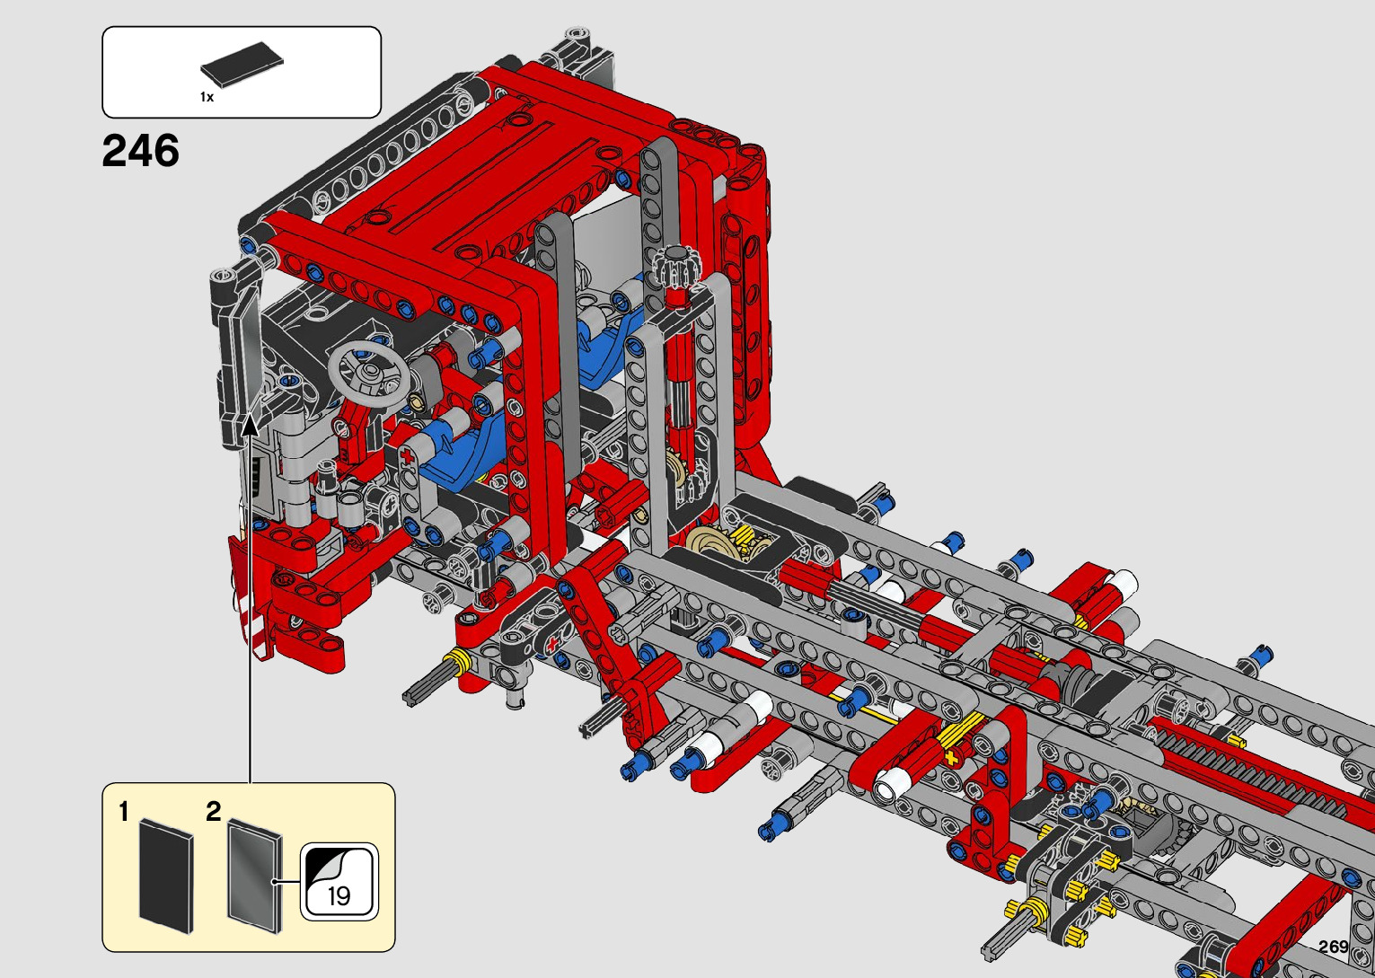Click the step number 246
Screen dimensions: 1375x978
141,151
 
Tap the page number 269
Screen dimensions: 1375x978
1334,947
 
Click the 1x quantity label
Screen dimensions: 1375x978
207,97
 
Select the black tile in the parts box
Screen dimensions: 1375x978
242,63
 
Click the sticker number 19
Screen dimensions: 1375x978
339,896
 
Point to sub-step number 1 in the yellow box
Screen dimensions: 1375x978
124,812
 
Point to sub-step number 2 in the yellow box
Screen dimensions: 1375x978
213,812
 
